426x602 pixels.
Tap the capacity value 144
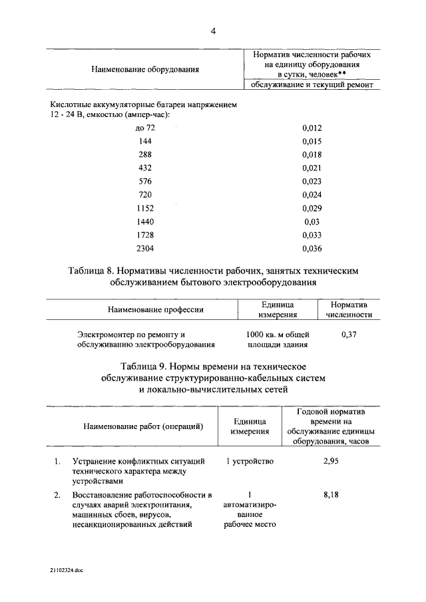click(x=145, y=141)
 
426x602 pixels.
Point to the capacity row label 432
click(x=145, y=168)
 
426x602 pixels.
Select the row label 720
click(x=145, y=195)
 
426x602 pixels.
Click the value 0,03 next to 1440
click(x=312, y=222)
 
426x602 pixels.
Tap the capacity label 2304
click(x=145, y=249)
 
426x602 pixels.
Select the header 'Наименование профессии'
click(x=156, y=309)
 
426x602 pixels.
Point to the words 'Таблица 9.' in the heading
click(x=146, y=367)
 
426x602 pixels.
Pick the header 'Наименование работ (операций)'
click(x=143, y=426)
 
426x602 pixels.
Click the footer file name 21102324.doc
click(x=67, y=570)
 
